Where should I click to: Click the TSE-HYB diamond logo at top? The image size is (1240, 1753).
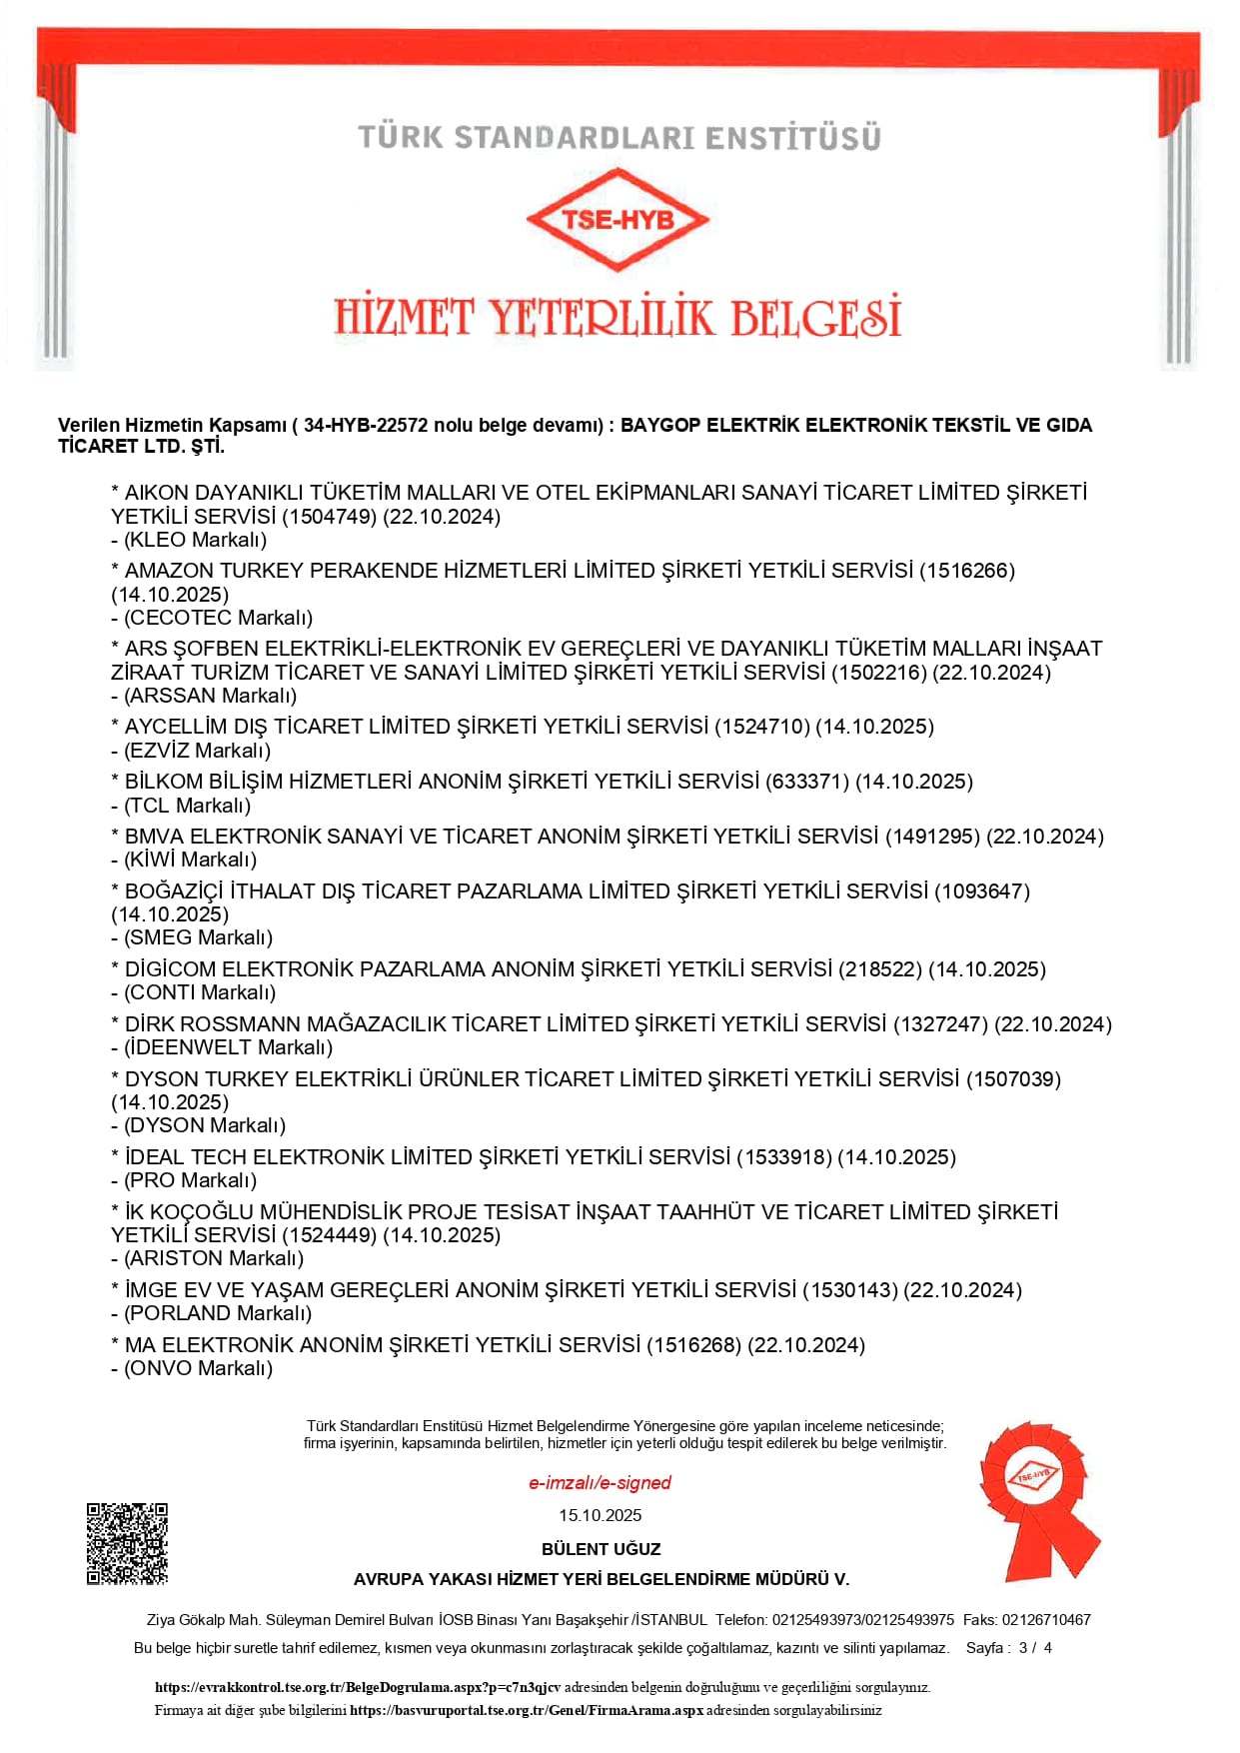pyautogui.click(x=618, y=220)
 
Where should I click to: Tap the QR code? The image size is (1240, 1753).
pyautogui.click(x=127, y=1543)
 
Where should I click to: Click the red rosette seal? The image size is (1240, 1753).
pyautogui.click(x=1037, y=1499)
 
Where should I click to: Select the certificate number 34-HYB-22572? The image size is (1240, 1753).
pyautogui.click(x=366, y=425)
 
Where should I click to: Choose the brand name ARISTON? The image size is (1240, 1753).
pyautogui.click(x=171, y=1258)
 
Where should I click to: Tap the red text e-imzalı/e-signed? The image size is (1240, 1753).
pyautogui.click(x=600, y=1483)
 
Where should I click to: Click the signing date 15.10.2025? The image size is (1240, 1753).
pyautogui.click(x=600, y=1515)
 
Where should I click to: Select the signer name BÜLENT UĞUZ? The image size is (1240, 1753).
pyautogui.click(x=601, y=1549)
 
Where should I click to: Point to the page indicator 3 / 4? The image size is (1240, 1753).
pyautogui.click(x=1035, y=1648)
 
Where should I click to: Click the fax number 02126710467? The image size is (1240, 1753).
pyautogui.click(x=1046, y=1620)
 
